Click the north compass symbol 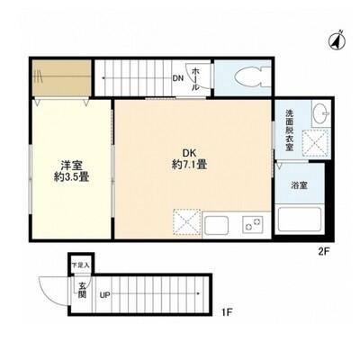tap(338, 40)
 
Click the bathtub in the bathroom tap(300, 218)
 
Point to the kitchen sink tap(217, 225)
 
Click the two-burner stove tap(253, 225)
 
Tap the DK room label tap(189, 153)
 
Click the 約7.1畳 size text tap(189, 165)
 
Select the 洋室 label tap(71, 166)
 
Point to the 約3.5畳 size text tap(71, 177)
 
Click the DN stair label tap(177, 78)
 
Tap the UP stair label tap(105, 295)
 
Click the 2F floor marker tap(324, 251)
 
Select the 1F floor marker tap(227, 313)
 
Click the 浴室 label tap(299, 185)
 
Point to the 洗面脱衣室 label tap(289, 130)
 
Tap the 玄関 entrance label tap(82, 290)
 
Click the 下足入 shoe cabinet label tap(81, 265)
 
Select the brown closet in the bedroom tap(62, 77)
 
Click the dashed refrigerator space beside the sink tap(186, 221)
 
